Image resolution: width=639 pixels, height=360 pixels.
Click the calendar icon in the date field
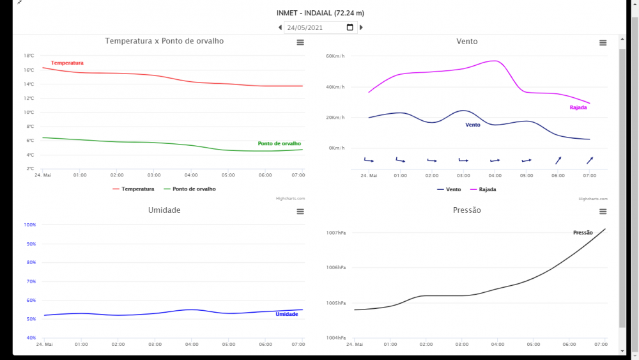350,27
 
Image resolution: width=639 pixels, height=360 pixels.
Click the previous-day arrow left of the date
280,27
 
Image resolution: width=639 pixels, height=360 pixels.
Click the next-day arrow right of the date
361,27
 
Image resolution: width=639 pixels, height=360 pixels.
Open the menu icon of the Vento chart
603,43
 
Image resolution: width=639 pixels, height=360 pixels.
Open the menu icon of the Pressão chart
603,212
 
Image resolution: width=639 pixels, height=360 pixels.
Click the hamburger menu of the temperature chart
300,43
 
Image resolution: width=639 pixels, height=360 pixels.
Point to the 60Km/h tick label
335,56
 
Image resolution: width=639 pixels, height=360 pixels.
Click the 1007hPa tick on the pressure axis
335,233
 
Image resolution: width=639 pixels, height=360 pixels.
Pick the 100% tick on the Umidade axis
29,225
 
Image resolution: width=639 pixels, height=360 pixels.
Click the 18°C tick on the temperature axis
29,56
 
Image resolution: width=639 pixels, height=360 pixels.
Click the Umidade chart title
164,210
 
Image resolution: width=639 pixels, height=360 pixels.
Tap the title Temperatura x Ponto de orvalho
164,41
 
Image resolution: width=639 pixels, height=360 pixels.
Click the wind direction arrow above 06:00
558,160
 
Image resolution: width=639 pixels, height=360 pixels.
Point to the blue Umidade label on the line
286,314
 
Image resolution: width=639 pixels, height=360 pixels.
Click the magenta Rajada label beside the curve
578,107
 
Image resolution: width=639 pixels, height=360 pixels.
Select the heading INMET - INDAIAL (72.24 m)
320,13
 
